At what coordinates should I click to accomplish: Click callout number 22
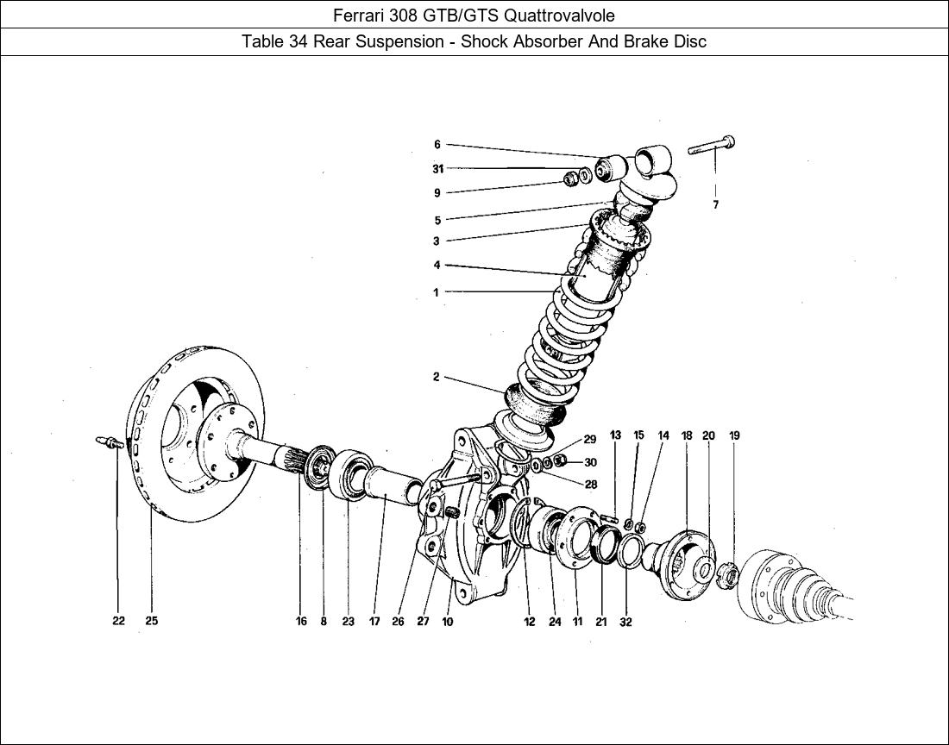tap(118, 621)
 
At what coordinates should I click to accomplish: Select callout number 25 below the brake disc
tap(151, 621)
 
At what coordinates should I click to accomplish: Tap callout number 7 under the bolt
tap(716, 205)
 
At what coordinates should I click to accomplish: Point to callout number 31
tap(438, 169)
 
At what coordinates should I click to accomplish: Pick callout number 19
tap(734, 435)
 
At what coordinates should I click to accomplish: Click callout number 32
tap(625, 622)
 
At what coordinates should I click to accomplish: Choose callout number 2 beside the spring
tap(437, 377)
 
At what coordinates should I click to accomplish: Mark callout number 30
tap(590, 463)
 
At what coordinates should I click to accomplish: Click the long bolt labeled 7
tap(712, 147)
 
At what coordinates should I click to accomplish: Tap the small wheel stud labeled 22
tap(108, 442)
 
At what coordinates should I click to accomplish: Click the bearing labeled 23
tap(349, 471)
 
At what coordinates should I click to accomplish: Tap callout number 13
tap(615, 435)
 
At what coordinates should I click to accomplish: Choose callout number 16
tap(301, 621)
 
